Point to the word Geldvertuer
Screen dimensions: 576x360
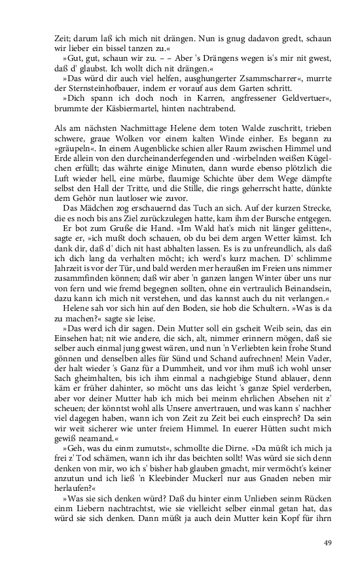click(x=287, y=98)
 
